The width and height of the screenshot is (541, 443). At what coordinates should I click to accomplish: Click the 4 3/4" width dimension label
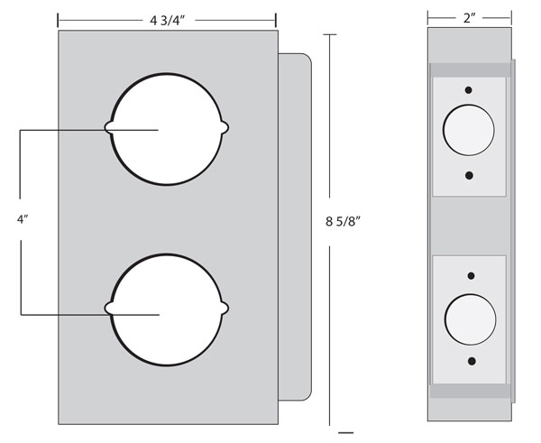point(168,21)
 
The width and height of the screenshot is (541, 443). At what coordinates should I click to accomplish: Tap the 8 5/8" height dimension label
point(343,221)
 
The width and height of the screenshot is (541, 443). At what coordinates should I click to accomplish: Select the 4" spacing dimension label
point(23,219)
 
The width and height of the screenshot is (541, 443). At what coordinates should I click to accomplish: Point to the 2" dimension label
point(469,18)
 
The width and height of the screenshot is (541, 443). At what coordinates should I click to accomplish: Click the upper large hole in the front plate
point(167,129)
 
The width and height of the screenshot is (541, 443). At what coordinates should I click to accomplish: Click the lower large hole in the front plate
point(167,309)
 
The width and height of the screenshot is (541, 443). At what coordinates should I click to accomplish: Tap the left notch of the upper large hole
point(109,127)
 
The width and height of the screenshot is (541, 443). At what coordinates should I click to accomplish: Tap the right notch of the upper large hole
point(225,127)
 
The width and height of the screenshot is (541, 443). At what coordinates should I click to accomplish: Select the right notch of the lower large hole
point(225,308)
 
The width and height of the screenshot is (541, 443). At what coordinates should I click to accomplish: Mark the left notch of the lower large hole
point(109,308)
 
